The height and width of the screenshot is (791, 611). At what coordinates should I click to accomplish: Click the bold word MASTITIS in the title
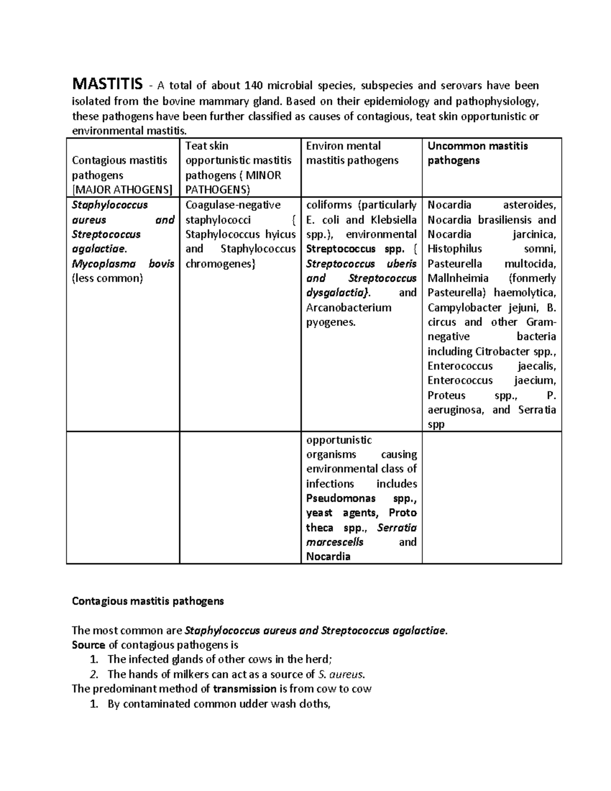pos(107,84)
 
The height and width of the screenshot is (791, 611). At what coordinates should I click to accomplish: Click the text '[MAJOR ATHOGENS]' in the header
pos(122,190)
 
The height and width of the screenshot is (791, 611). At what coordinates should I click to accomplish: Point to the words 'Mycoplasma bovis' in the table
pos(123,264)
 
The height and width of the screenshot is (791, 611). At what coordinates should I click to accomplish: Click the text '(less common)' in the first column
pos(107,278)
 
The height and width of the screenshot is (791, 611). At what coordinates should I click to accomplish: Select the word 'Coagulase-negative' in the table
pos(233,205)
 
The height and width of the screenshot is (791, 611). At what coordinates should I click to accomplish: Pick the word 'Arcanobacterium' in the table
pos(349,308)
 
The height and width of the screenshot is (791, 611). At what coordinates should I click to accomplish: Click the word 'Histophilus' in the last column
pos(454,249)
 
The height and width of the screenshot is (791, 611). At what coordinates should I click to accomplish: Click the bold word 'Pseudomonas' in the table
pos(341,498)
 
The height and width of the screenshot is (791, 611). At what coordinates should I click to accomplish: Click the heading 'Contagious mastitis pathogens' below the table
pos(148,601)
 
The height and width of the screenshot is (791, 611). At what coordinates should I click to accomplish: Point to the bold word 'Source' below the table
pos(89,645)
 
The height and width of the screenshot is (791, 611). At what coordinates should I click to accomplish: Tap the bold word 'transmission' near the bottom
pos(244,689)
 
